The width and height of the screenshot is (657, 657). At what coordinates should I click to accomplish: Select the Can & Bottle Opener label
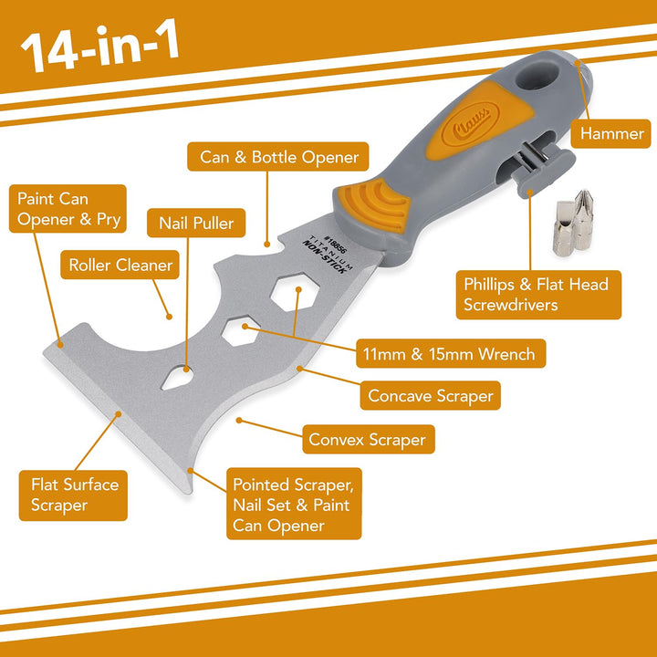(x=279, y=157)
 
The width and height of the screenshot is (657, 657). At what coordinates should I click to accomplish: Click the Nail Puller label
(x=196, y=222)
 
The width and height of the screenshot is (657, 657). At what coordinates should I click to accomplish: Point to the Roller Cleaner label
(x=120, y=266)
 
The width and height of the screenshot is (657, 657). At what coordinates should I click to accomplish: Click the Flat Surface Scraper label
(x=73, y=494)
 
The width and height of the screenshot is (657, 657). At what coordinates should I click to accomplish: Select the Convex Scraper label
(x=367, y=440)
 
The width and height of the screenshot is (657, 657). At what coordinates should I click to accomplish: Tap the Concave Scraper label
(x=430, y=395)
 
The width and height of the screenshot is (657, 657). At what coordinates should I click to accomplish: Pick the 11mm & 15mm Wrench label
(x=450, y=352)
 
